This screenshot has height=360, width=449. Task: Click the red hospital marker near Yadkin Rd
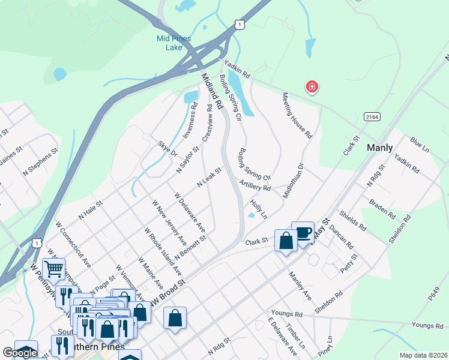click(x=312, y=88)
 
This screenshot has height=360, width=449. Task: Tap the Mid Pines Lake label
click(x=173, y=43)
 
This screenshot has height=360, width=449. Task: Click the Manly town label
click(x=379, y=148)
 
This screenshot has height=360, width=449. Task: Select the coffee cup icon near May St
click(x=303, y=233)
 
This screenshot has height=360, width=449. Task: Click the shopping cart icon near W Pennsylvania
click(x=54, y=269)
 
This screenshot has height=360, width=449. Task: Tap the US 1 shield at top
click(x=240, y=23)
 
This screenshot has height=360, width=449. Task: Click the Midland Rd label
click(x=212, y=91)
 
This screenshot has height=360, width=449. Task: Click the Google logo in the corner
click(x=20, y=353)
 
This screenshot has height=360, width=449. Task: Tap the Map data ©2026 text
click(x=423, y=355)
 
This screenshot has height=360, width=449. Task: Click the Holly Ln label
click(x=259, y=209)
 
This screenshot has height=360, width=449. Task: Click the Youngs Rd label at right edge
click(x=427, y=325)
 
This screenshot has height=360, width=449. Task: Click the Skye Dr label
click(x=167, y=149)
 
